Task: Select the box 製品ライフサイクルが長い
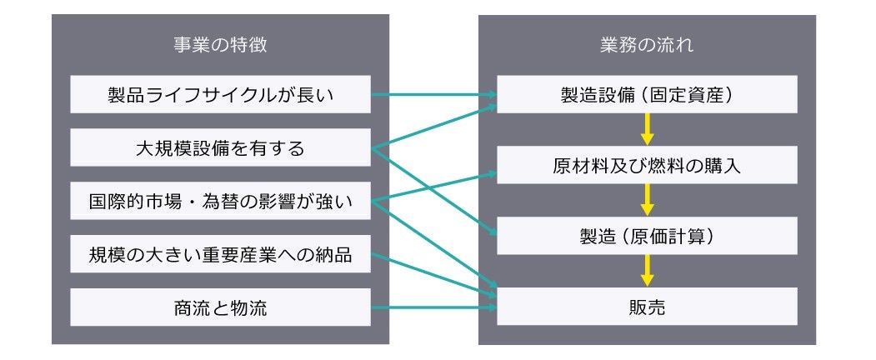pos(221,95)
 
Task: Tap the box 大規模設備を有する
pos(221,148)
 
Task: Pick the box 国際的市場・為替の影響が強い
pos(221,201)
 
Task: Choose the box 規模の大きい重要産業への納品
pos(221,254)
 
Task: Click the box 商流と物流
pos(221,307)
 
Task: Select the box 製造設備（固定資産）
pos(647,95)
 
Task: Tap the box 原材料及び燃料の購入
pos(647,165)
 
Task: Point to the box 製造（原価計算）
pos(647,236)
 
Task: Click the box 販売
pos(647,307)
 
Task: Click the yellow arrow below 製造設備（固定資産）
pos(647,130)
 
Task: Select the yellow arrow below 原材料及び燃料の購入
pos(647,201)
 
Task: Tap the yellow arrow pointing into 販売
pos(647,272)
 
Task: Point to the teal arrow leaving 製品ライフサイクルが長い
pos(433,94)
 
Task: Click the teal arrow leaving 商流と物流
pos(433,307)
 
